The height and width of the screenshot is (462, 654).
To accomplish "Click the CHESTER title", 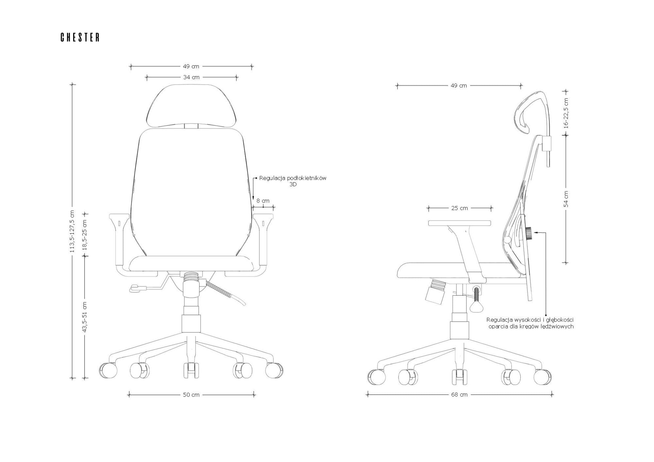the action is [80, 37].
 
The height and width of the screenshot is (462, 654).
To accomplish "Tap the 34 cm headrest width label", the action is [191, 77].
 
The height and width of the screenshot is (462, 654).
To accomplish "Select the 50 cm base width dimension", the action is [191, 395].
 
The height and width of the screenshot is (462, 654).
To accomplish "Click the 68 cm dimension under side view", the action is [459, 395].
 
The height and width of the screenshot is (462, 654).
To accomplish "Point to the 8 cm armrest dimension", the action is [263, 201].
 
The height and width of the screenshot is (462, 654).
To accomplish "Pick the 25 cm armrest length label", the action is [459, 208].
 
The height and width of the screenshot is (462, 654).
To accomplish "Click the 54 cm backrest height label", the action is [566, 199].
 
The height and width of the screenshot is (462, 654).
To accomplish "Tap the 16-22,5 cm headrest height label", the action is [566, 113].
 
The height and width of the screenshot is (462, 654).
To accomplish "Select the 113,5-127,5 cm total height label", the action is [72, 231].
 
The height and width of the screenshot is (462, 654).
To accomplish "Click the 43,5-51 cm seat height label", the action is [85, 317].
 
